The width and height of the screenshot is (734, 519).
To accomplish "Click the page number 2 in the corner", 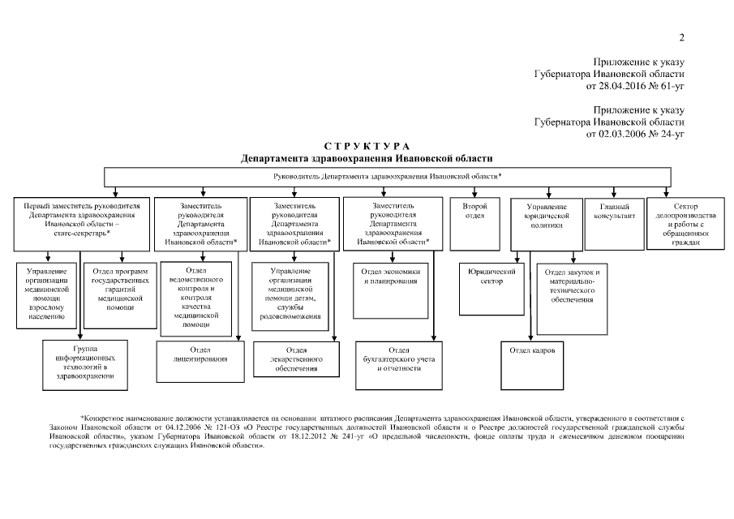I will pyautogui.click(x=682, y=37).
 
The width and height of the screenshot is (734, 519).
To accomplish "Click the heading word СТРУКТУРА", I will pyautogui.click(x=367, y=145).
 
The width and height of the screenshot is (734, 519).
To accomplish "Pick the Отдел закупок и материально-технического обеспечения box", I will pyautogui.click(x=572, y=297).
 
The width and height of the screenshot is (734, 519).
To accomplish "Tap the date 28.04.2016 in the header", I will pyautogui.click(x=625, y=85).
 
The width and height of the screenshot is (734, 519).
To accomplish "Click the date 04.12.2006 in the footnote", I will pyautogui.click(x=191, y=427).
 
